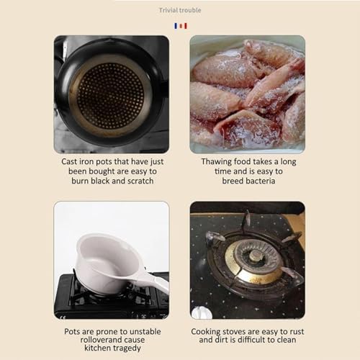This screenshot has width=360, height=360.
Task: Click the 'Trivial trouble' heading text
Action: click(x=180, y=10)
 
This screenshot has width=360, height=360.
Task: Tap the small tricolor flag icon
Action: click(x=181, y=26)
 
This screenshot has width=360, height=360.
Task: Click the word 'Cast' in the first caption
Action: click(x=69, y=161)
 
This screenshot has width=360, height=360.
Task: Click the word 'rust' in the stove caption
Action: click(x=297, y=332)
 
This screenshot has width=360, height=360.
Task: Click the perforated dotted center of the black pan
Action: click(x=111, y=96)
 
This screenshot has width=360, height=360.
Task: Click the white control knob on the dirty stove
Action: click(x=201, y=312)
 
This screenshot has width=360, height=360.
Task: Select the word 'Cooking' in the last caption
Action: click(x=206, y=332)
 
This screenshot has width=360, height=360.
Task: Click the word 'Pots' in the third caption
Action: click(x=72, y=332)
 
